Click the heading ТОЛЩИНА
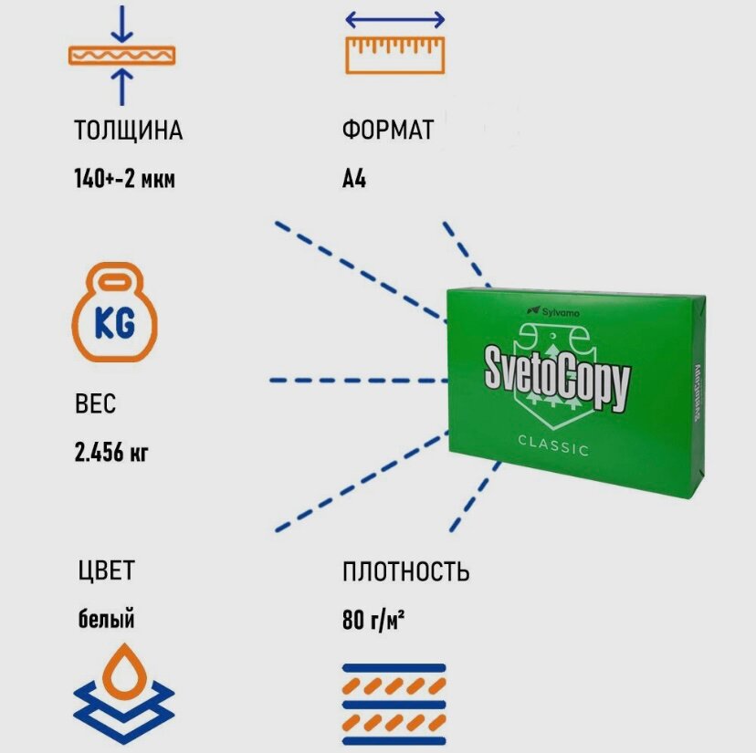[128, 131]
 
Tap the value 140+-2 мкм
[124, 179]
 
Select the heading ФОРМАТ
[388, 131]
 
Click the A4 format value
[354, 179]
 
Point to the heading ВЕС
[96, 403]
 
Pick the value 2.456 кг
[111, 452]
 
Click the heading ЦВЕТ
[106, 572]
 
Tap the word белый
[106, 620]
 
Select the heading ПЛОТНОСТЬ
[406, 572]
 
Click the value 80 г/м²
[374, 621]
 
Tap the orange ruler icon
[394, 54]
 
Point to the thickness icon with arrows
[121, 55]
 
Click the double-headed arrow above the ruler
[394, 19]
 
